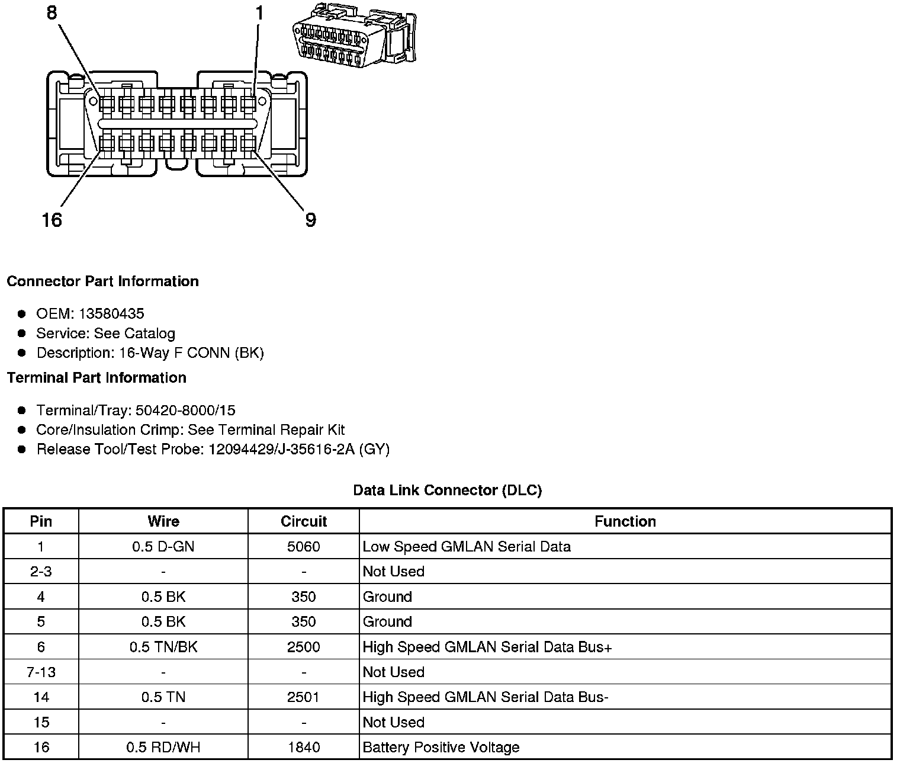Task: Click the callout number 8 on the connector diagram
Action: click(x=52, y=12)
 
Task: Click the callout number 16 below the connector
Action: click(x=52, y=220)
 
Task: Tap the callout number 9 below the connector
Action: click(x=310, y=220)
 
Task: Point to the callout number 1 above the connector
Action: click(x=259, y=12)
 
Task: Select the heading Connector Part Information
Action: click(x=102, y=281)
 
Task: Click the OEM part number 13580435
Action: click(x=111, y=313)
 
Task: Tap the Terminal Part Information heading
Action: click(x=97, y=378)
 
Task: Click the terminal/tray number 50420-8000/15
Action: click(x=185, y=410)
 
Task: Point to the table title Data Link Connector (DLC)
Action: click(x=447, y=490)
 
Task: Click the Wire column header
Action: click(x=163, y=521)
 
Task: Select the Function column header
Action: click(x=625, y=521)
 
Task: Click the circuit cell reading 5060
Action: click(x=303, y=546)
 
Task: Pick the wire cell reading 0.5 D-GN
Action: click(x=163, y=546)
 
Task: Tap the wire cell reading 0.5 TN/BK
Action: click(x=163, y=647)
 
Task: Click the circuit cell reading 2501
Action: click(x=303, y=697)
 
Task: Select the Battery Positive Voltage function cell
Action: click(x=441, y=747)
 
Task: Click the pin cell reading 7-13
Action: click(x=41, y=672)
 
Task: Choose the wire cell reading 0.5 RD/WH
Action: click(x=163, y=747)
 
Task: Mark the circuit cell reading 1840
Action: click(x=303, y=747)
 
